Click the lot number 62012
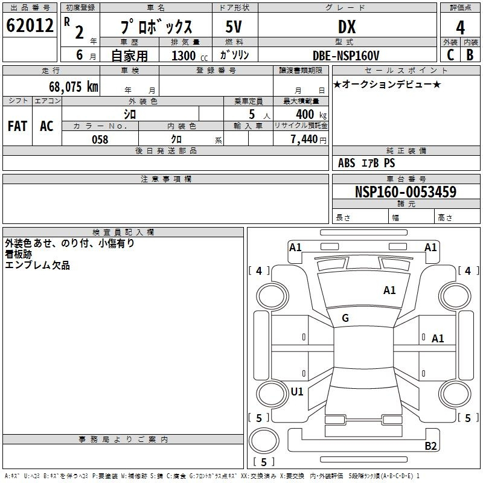pyautogui.click(x=30, y=25)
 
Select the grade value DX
pyautogui.click(x=347, y=27)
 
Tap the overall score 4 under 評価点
pyautogui.click(x=460, y=28)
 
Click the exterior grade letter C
pyautogui.click(x=450, y=55)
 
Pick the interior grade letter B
pyautogui.click(x=470, y=55)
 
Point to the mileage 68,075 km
pyautogui.click(x=74, y=86)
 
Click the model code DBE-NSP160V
pyautogui.click(x=346, y=56)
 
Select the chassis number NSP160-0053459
pyautogui.click(x=406, y=191)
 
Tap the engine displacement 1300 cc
pyautogui.click(x=190, y=56)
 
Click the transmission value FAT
pyautogui.click(x=18, y=126)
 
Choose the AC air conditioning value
pyautogui.click(x=46, y=126)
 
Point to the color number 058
pyautogui.click(x=100, y=139)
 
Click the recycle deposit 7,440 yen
pyautogui.click(x=309, y=139)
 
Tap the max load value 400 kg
pyautogui.click(x=311, y=114)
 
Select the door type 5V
pyautogui.click(x=234, y=27)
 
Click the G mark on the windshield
pyautogui.click(x=345, y=318)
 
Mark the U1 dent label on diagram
pyautogui.click(x=297, y=391)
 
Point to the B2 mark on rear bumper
pyautogui.click(x=430, y=446)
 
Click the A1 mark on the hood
pyautogui.click(x=389, y=290)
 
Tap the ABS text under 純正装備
pyautogui.click(x=347, y=163)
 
